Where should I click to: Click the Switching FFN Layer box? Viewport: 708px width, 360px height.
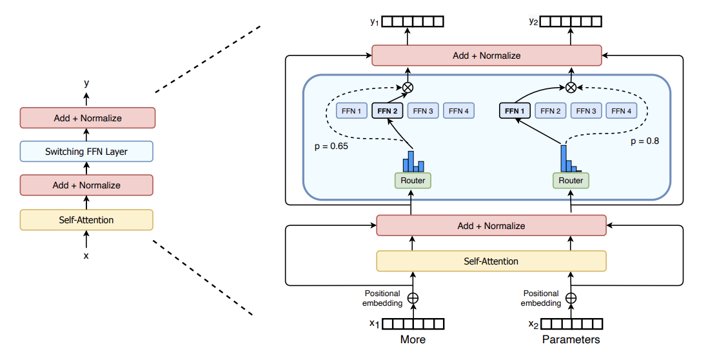point(86,152)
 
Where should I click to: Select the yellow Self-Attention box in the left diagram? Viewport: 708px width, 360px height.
point(86,220)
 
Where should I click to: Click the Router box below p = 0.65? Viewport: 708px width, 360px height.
point(413,181)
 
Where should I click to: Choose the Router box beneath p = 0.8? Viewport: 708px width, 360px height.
point(571,181)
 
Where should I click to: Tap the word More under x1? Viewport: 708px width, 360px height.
point(413,339)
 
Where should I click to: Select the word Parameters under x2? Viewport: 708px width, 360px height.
point(571,339)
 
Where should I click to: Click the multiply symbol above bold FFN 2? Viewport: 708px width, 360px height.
point(408,88)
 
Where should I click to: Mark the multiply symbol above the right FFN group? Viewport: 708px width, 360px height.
point(571,88)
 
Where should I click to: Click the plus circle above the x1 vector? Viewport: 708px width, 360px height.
point(413,298)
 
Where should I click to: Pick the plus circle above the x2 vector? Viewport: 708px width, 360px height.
point(571,298)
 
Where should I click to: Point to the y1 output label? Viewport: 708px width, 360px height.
point(374,22)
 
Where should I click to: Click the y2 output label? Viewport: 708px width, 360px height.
point(532,22)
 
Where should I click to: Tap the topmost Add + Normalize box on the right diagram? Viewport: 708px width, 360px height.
point(486,55)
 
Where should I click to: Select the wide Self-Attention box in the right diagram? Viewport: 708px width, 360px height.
point(491,261)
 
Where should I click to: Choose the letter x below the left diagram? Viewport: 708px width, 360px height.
point(86,255)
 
